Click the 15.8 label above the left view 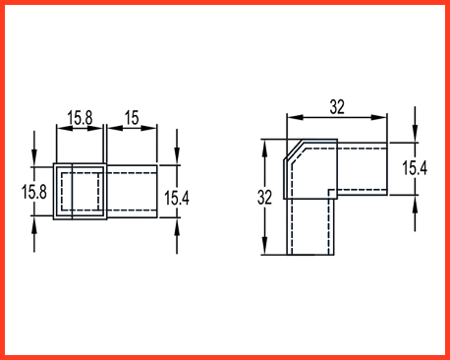pos(80,118)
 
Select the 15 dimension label pos(132,118)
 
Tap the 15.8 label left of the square pos(34,192)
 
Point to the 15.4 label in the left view pos(177,198)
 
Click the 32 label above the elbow pos(337,107)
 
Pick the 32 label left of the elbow pos(264,198)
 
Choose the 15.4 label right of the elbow pos(415,168)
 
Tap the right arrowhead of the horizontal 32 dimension pos(379,117)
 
